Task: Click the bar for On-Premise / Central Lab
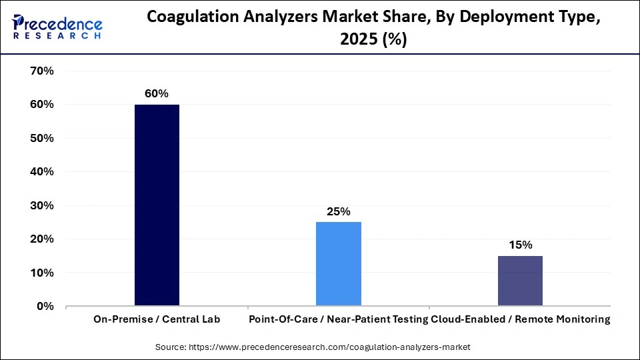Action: coord(157,205)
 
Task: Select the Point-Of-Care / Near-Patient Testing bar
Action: coord(339,264)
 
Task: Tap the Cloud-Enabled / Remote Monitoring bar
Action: coord(520,281)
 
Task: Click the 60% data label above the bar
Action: coord(157,94)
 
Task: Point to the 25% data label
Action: coord(339,212)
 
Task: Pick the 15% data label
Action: coord(520,245)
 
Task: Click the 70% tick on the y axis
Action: coord(42,71)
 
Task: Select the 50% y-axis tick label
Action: coord(42,138)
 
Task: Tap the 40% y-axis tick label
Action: coord(42,171)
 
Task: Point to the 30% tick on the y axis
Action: coord(42,205)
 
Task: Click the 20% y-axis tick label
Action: coord(42,239)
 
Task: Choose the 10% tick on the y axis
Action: coord(42,273)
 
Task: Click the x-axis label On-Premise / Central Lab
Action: coord(157,319)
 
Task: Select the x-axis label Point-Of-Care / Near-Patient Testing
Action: coord(339,319)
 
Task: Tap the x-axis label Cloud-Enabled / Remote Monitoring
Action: coord(521,319)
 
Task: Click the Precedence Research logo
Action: coord(57,27)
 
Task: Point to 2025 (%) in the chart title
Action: coord(373,40)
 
